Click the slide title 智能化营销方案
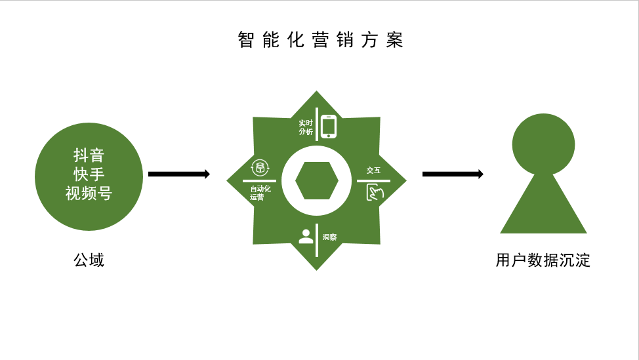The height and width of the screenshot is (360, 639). tap(320, 40)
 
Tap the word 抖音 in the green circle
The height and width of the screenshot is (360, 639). tap(89, 155)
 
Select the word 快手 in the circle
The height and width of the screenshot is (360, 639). tap(89, 174)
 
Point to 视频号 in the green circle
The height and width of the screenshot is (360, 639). tap(89, 193)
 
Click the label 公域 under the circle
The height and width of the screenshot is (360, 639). tap(89, 260)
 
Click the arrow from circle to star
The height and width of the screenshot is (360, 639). tap(178, 174)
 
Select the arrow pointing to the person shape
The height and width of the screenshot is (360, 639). tap(453, 174)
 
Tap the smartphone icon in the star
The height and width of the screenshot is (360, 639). tap(328, 127)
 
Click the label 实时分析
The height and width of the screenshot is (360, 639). tap(306, 127)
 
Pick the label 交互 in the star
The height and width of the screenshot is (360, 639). tap(373, 170)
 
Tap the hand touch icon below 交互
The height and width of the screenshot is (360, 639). tap(374, 192)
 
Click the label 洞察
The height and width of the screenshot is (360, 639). tap(329, 237)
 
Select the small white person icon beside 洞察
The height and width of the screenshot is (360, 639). tap(306, 237)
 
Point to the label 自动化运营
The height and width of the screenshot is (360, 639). tap(260, 193)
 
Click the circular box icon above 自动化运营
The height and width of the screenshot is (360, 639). tap(260, 168)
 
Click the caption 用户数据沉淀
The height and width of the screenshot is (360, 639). tap(543, 260)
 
